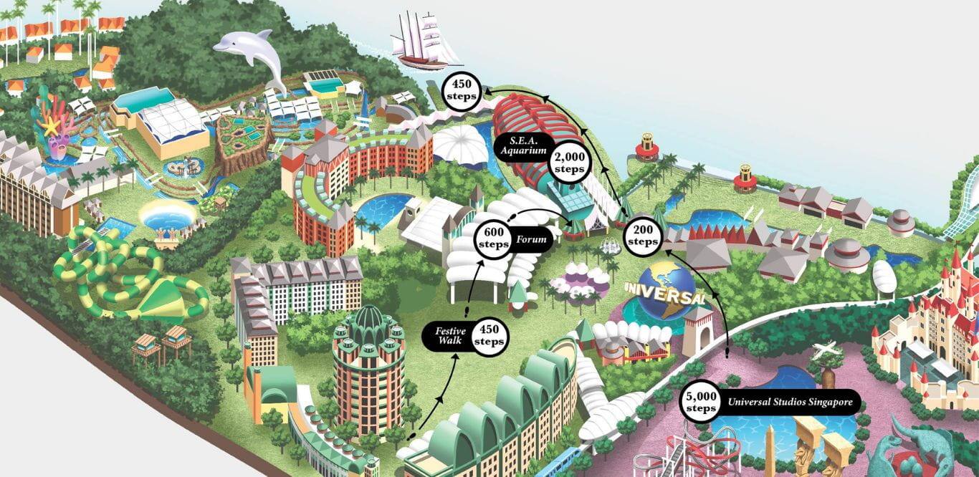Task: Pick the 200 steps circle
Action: pos(641,235)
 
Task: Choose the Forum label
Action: pos(531,240)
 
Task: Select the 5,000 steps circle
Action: pos(701,403)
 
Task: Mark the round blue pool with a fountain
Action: pos(167,216)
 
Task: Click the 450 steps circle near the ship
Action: pos(459,90)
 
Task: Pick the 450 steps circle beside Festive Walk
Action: pos(490,336)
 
